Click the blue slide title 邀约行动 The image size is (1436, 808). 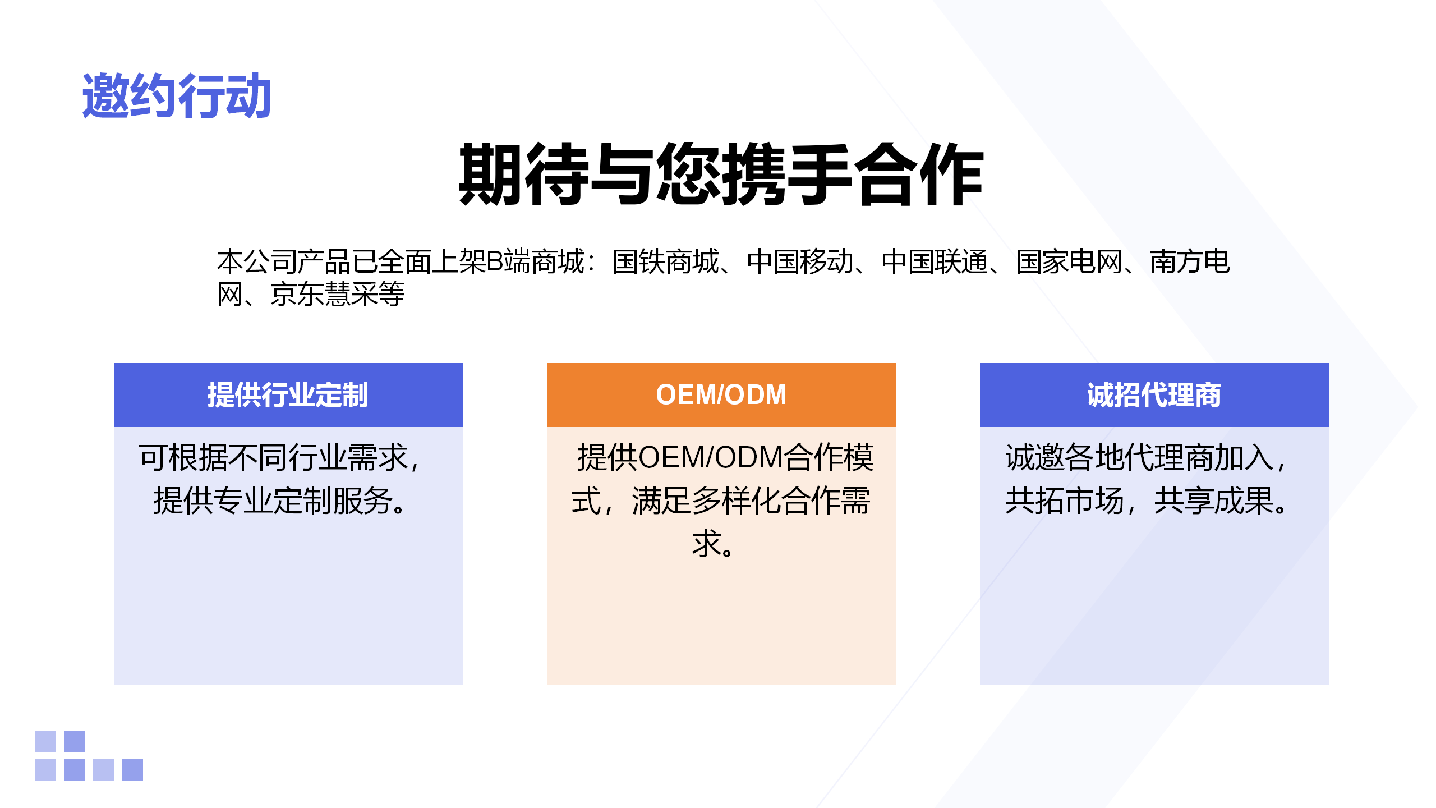(177, 96)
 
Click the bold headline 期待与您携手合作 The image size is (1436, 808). (721, 174)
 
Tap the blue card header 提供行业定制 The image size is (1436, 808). (288, 395)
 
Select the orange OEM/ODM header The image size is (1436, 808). (721, 395)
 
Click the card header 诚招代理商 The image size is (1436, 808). (1154, 395)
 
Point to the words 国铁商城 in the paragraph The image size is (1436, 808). (665, 262)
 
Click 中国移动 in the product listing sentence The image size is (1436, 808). (800, 262)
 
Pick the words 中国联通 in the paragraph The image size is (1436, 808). (935, 262)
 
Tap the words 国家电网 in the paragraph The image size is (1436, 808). (1069, 262)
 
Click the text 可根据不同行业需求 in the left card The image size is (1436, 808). (273, 457)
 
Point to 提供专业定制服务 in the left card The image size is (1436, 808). (273, 501)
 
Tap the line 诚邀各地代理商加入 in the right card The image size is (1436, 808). (1139, 457)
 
